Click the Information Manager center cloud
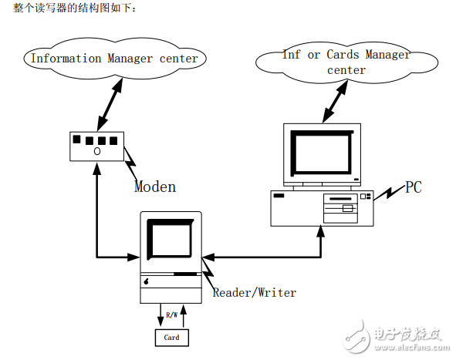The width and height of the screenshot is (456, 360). tap(113, 59)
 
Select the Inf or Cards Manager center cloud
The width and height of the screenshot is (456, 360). tap(346, 62)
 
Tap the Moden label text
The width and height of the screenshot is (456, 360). tap(155, 187)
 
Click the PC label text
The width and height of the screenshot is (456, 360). tap(414, 187)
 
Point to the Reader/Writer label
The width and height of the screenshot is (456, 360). tap(254, 292)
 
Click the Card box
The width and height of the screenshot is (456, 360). tap(171, 338)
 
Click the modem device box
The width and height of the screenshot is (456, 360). tap(97, 146)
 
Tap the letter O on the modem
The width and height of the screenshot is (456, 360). tap(97, 152)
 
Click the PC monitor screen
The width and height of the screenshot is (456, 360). tap(323, 152)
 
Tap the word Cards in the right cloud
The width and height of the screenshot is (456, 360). tap(343, 54)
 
